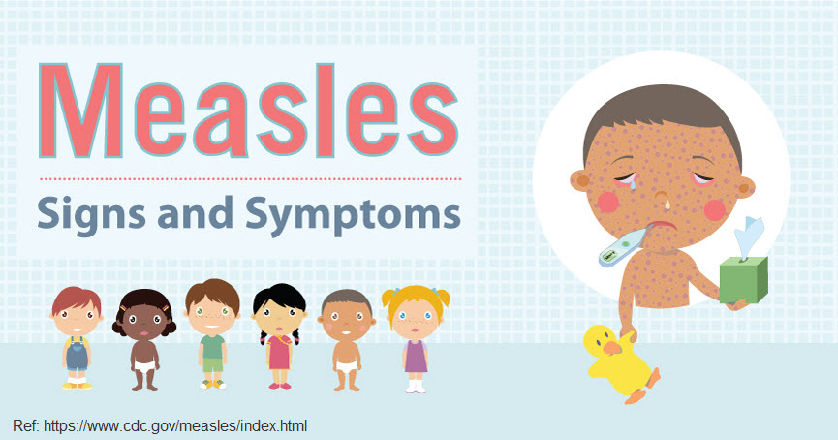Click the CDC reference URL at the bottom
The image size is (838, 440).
point(160,425)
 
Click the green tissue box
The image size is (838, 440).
point(745,272)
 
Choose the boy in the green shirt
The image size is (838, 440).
point(211,333)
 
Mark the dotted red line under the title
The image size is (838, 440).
point(250,178)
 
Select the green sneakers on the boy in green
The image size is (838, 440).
point(211,384)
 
